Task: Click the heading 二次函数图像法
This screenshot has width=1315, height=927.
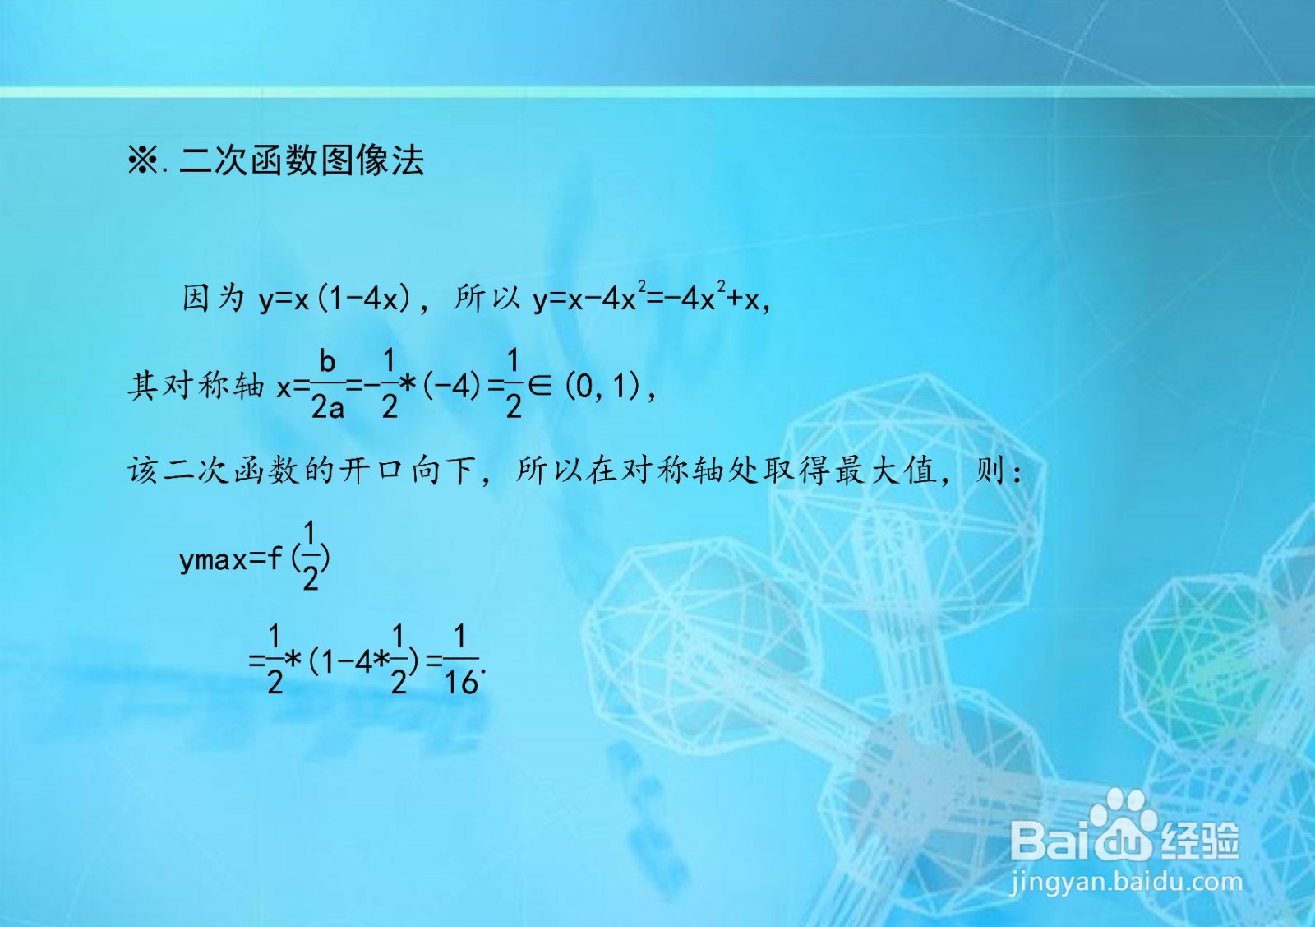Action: (x=302, y=160)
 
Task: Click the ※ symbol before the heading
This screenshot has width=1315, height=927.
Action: (x=143, y=160)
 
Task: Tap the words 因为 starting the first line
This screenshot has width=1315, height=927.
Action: (x=213, y=298)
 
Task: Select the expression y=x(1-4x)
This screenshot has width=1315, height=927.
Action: (x=335, y=299)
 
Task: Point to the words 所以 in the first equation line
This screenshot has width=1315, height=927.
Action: (x=487, y=298)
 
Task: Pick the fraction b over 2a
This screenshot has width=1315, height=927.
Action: (x=327, y=384)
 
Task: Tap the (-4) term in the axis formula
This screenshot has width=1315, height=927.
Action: (x=451, y=387)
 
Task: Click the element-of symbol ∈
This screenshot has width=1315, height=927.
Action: (x=540, y=386)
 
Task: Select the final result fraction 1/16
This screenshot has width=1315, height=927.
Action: (x=461, y=660)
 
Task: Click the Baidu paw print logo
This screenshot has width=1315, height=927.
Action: (x=1124, y=825)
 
